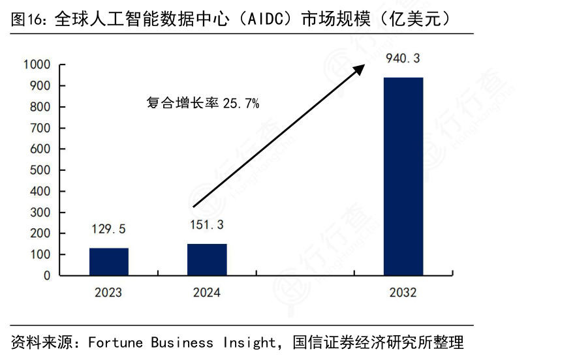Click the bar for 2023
(x=108, y=262)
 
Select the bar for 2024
(x=207, y=260)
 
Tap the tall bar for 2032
(x=403, y=176)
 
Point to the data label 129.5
(x=108, y=229)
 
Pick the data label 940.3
(x=403, y=59)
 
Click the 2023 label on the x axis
(x=108, y=292)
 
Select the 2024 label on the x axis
(x=207, y=292)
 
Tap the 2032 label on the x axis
(x=403, y=292)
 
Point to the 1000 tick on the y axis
(x=37, y=65)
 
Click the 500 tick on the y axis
(x=40, y=170)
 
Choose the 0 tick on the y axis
(x=47, y=276)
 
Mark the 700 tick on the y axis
(x=40, y=128)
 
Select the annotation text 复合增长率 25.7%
(x=203, y=103)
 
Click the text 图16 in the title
(x=27, y=19)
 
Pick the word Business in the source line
(x=182, y=342)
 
